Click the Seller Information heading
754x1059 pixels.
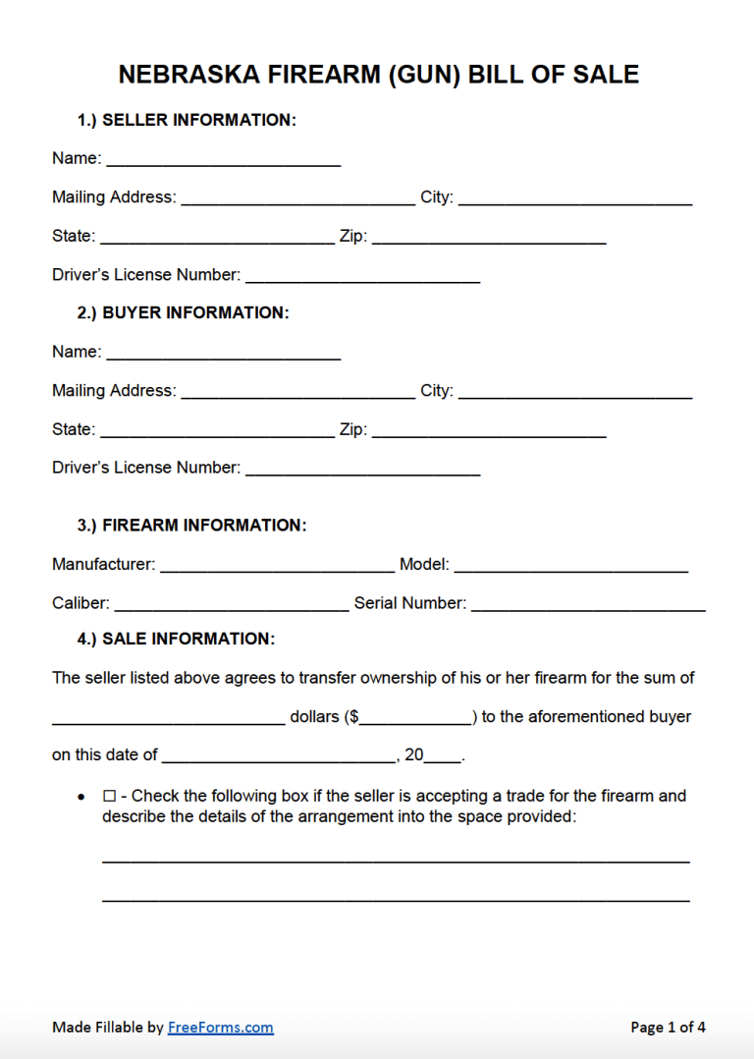pyautogui.click(x=187, y=120)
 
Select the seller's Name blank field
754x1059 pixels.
pyautogui.click(x=223, y=157)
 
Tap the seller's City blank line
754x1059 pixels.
pyautogui.click(x=574, y=196)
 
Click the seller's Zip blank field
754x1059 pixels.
pyautogui.click(x=488, y=236)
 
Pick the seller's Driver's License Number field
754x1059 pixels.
pyautogui.click(x=362, y=275)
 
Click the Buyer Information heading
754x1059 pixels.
pyautogui.click(x=183, y=312)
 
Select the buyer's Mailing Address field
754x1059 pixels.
pyautogui.click(x=297, y=390)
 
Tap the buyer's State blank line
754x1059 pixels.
pyautogui.click(x=217, y=429)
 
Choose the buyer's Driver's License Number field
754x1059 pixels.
pyautogui.click(x=362, y=468)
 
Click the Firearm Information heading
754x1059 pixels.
pyautogui.click(x=191, y=526)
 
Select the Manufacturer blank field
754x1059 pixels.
pyautogui.click(x=277, y=564)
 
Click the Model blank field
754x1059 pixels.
pyautogui.click(x=570, y=564)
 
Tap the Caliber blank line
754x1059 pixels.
pyautogui.click(x=232, y=603)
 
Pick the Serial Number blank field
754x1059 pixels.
pyautogui.click(x=588, y=603)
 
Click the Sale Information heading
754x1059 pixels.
pyautogui.click(x=176, y=639)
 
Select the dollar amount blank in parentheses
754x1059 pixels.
pyautogui.click(x=416, y=717)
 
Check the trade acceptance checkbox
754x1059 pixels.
pyautogui.click(x=109, y=796)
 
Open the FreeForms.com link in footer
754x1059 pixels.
pyautogui.click(x=221, y=1028)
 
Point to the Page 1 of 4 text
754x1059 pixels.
pyautogui.click(x=668, y=1028)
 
